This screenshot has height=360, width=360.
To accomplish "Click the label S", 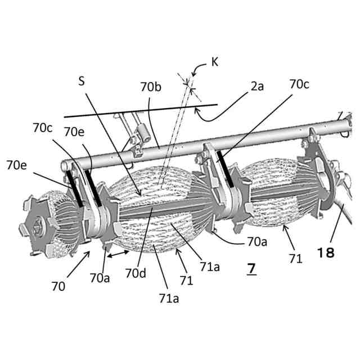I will tap(82, 80).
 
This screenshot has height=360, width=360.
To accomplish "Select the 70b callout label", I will tap(151, 87).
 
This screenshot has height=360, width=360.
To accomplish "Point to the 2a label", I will tap(257, 87).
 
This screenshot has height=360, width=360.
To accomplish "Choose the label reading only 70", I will tap(58, 285).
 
